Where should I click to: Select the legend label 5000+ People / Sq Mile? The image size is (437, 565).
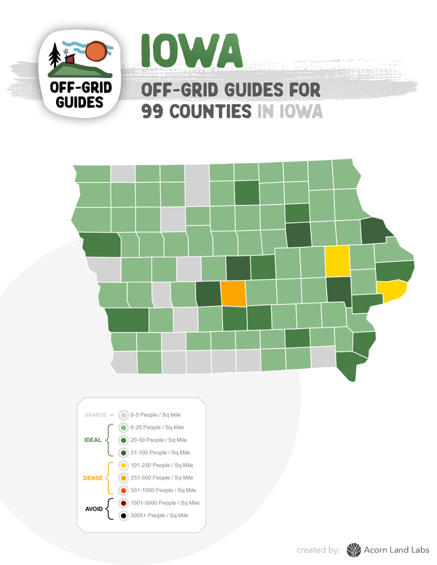pos(159,515)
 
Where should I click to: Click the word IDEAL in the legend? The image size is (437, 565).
pos(91,440)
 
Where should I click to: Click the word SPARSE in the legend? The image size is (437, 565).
pos(96,414)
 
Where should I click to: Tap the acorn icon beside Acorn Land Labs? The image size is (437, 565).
pos(354,550)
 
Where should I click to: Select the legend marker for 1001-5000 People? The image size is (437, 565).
pos(123,503)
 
